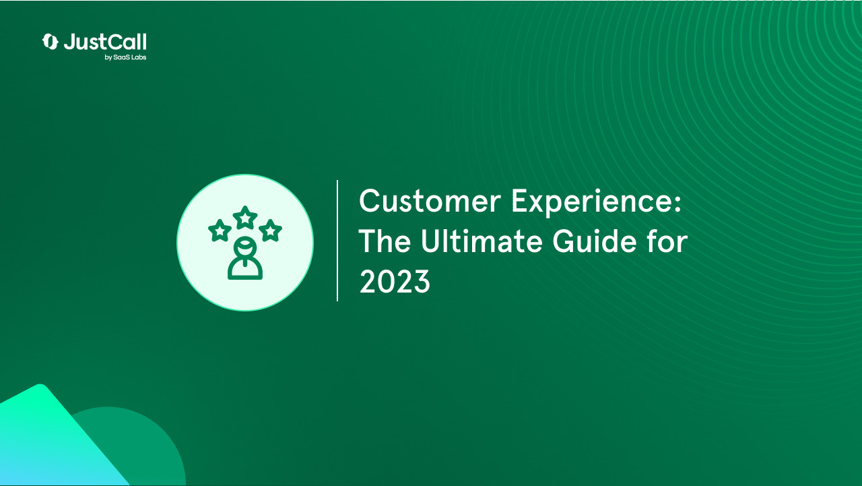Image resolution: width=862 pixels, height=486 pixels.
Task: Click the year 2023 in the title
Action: [394, 282]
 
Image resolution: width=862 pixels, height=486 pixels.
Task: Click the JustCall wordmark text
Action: [105, 42]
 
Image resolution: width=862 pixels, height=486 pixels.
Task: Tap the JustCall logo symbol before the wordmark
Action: [50, 42]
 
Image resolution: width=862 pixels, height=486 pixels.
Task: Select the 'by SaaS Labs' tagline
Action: [125, 57]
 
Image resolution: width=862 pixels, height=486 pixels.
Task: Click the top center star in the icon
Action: [245, 217]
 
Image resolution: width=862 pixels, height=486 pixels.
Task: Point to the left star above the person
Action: [220, 231]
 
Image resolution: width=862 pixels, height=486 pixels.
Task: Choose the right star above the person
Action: [270, 231]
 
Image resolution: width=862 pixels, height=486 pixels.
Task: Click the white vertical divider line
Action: [337, 241]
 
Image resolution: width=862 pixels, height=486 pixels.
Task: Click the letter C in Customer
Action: [370, 202]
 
